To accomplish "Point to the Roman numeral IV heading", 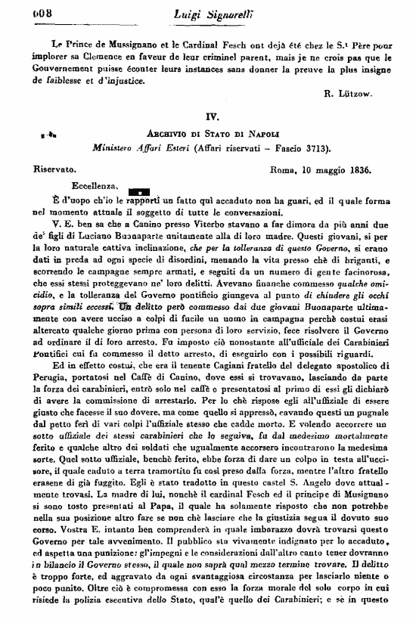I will (211, 117).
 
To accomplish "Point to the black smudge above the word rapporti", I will (140, 192).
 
